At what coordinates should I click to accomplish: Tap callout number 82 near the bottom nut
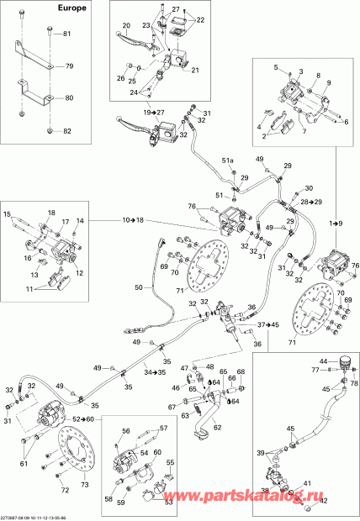pyautogui.click(x=67, y=133)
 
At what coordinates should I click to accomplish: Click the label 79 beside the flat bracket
pyautogui.click(x=70, y=66)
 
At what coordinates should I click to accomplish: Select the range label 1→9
pyautogui.click(x=336, y=223)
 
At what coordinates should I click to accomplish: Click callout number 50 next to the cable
pyautogui.click(x=139, y=288)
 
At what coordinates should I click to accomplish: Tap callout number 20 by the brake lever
pyautogui.click(x=125, y=25)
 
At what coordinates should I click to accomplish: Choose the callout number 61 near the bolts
pyautogui.click(x=23, y=462)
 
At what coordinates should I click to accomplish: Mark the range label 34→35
pyautogui.click(x=153, y=371)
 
